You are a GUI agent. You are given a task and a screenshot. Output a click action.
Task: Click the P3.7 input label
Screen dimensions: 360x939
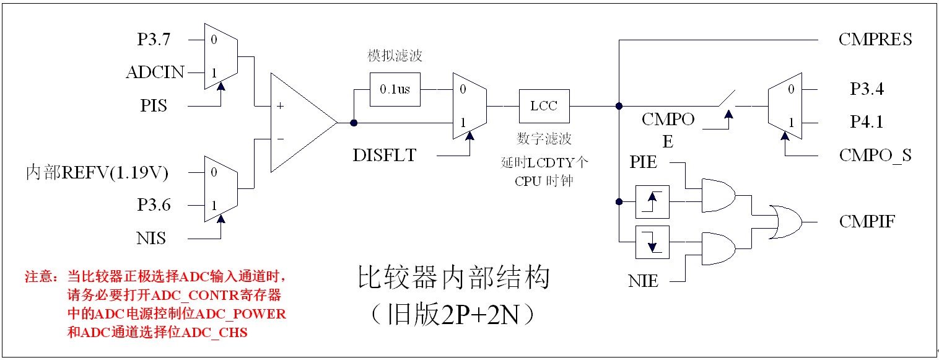tap(154, 40)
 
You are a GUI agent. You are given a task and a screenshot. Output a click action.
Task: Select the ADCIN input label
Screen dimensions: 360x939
tap(155, 72)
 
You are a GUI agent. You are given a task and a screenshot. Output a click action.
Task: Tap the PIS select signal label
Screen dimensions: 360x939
tap(154, 106)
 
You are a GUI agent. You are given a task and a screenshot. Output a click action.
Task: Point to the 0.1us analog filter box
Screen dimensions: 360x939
tap(395, 89)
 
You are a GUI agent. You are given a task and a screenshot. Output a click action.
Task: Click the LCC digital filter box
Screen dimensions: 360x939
tap(544, 106)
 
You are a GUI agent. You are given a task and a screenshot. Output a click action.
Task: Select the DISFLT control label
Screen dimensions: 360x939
tap(385, 156)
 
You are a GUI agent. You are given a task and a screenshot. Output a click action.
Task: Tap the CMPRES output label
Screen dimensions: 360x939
tap(875, 40)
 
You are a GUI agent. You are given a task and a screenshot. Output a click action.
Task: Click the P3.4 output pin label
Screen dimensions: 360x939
tap(867, 89)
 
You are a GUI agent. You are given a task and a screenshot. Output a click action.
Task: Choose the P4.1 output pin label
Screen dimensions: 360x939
tap(867, 122)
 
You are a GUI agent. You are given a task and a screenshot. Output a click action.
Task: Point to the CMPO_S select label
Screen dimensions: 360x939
tap(875, 156)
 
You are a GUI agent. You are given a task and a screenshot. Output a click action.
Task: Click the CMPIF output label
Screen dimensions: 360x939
tap(867, 221)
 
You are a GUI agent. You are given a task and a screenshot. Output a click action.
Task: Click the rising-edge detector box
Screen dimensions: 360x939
tap(653, 201)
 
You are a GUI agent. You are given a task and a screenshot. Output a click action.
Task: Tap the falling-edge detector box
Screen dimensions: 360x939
tap(653, 242)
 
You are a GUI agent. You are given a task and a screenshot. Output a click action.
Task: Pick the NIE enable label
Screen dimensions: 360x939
tap(644, 282)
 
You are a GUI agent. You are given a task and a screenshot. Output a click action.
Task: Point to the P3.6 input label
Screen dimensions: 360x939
tap(154, 205)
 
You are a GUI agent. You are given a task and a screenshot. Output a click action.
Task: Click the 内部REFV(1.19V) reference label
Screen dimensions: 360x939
tap(97, 172)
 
